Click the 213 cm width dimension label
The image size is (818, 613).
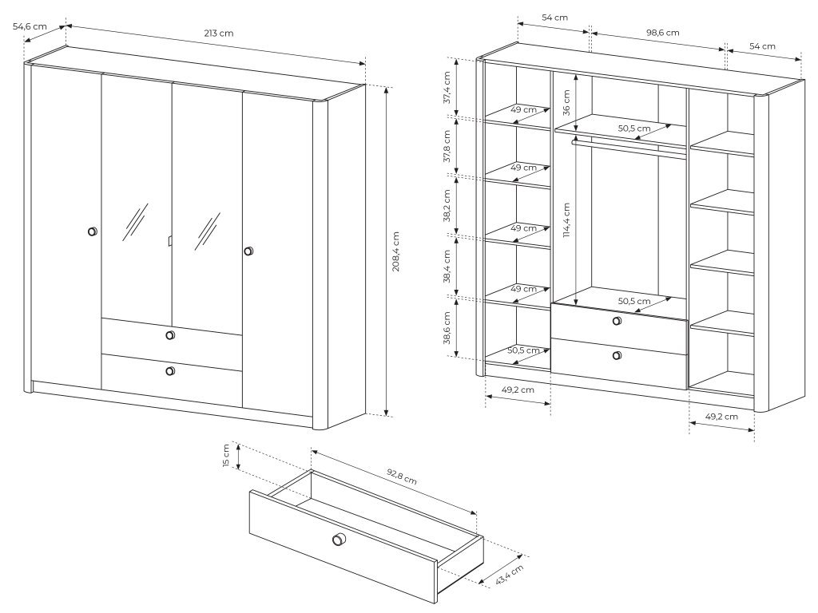[219, 34]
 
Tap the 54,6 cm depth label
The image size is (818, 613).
[30, 26]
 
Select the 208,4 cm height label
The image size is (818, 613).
[395, 251]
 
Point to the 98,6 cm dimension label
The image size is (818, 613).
[662, 32]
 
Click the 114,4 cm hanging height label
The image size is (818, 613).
[566, 220]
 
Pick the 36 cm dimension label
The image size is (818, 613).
[566, 103]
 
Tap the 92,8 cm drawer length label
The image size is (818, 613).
[402, 477]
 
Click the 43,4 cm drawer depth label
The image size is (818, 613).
[509, 575]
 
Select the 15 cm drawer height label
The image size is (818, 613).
[226, 456]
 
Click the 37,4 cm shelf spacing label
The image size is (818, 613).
[447, 88]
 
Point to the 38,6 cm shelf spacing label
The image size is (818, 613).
[447, 328]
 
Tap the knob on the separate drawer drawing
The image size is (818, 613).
[339, 540]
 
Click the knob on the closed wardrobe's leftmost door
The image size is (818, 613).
[93, 231]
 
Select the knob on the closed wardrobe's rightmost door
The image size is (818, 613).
[249, 251]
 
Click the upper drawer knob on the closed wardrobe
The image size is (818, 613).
[170, 334]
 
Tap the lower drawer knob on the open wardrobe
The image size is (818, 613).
[617, 355]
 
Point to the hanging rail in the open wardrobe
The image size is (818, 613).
[629, 147]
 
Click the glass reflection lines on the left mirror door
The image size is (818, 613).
[135, 222]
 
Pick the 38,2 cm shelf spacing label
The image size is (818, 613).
[447, 205]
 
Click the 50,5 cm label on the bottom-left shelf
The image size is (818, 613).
[524, 350]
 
